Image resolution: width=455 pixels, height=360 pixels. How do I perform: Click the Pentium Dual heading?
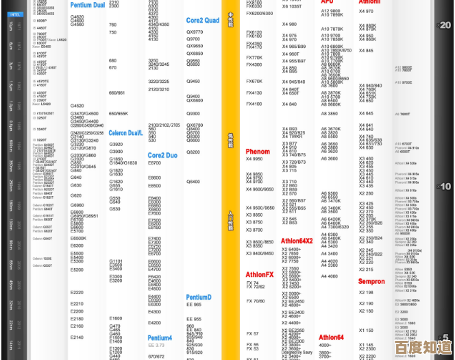pyautogui.click(x=88, y=5)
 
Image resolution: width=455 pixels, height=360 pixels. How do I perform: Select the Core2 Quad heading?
pyautogui.click(x=203, y=21)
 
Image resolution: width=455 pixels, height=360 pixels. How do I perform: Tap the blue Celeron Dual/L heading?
pyautogui.click(x=125, y=132)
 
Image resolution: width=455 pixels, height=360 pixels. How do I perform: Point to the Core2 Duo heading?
pyautogui.click(x=163, y=156)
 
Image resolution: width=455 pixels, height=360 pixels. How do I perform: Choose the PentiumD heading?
pyautogui.click(x=199, y=297)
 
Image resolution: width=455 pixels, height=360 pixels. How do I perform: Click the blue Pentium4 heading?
pyautogui.click(x=160, y=337)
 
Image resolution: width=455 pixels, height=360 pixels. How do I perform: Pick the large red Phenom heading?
pyautogui.click(x=258, y=152)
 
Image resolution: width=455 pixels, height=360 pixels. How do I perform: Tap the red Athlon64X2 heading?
pyautogui.click(x=297, y=241)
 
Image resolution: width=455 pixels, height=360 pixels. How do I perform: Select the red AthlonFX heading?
pyautogui.click(x=260, y=274)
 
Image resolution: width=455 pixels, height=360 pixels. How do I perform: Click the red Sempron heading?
pyautogui.click(x=371, y=281)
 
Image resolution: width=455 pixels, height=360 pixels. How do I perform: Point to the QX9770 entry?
pyautogui.click(x=195, y=32)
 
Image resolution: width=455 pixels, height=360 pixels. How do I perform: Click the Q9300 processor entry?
pyautogui.click(x=193, y=113)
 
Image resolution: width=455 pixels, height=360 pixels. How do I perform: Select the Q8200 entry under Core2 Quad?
pyautogui.click(x=193, y=152)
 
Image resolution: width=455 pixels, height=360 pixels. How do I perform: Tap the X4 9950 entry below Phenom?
pyautogui.click(x=254, y=159)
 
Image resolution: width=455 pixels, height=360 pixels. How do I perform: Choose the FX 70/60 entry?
pyautogui.click(x=256, y=300)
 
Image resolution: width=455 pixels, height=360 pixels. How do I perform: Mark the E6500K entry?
pyautogui.click(x=79, y=238)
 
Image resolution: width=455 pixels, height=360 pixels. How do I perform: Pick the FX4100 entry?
pyautogui.click(x=254, y=104)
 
